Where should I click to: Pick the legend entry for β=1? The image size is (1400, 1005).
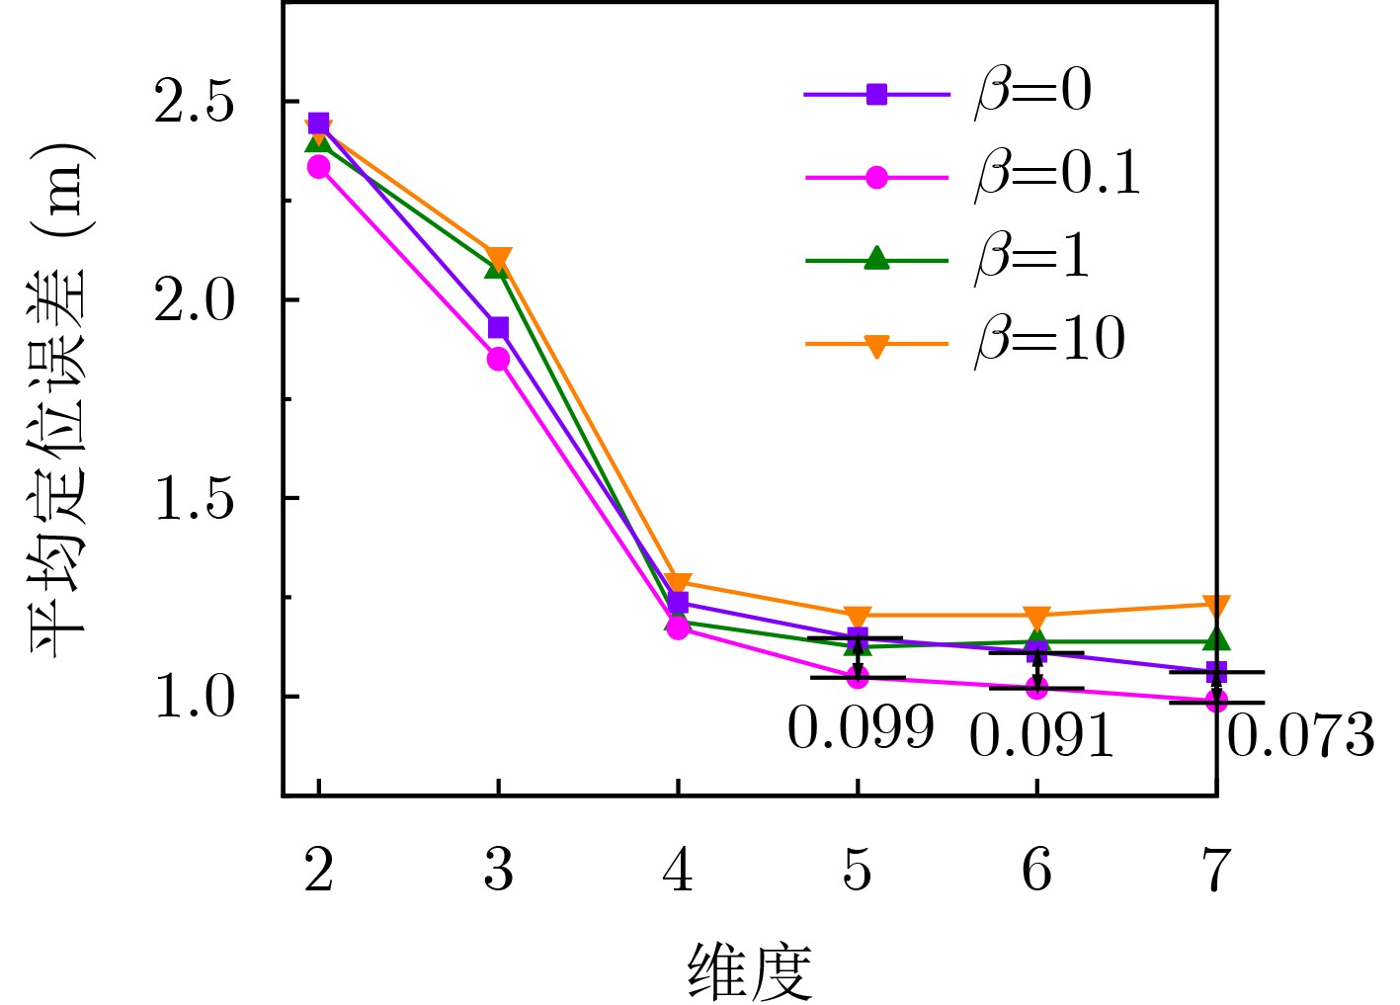1032,258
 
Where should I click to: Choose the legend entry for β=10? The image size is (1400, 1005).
1049,341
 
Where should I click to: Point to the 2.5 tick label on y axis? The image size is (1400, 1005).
195,102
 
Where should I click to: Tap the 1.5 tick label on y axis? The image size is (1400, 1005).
195,499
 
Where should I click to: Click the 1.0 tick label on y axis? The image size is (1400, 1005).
195,698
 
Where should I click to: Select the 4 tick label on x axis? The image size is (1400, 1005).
678,871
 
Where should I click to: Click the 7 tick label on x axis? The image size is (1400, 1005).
1216,871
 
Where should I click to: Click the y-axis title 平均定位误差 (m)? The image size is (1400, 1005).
60,399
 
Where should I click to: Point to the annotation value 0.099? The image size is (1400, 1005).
860,729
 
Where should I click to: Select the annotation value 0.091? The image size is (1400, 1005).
1041,737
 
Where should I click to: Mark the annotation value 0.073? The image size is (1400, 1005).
1300,737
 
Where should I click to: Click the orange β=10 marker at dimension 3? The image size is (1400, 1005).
499,259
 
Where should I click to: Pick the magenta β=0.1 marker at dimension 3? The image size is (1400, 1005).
498,359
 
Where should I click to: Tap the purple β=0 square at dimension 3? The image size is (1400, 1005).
498,327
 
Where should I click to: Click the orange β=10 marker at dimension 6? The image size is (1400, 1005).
1036,616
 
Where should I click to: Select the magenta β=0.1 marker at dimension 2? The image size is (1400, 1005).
318,167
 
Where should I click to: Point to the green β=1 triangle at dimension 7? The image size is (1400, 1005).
1216,640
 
